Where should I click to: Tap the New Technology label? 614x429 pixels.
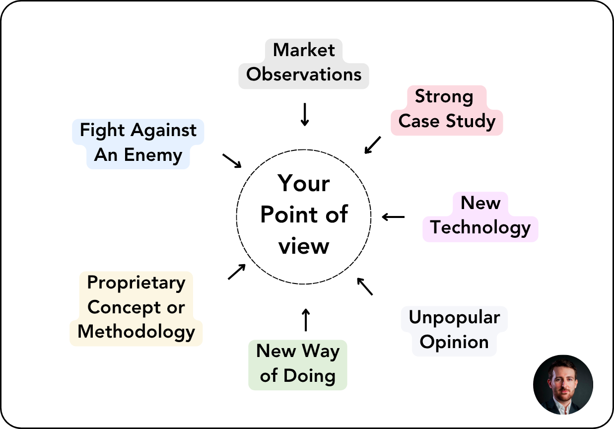480,216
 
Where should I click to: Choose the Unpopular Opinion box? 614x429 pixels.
454,330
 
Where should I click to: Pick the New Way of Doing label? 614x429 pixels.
298,364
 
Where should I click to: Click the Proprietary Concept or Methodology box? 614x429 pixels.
136,308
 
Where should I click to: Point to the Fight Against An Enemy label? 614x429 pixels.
138,143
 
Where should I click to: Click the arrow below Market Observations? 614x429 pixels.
305,114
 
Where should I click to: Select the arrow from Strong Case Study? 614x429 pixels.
372,145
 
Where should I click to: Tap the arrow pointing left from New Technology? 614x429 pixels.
394,216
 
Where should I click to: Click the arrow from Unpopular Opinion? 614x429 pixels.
365,286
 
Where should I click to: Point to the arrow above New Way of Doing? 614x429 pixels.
305,319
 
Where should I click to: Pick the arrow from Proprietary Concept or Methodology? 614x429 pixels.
237,272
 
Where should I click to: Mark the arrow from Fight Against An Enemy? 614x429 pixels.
232,160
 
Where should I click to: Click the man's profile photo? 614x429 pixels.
563,384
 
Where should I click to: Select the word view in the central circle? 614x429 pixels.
304,245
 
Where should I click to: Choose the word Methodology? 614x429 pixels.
136,331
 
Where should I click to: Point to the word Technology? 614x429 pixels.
480,228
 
